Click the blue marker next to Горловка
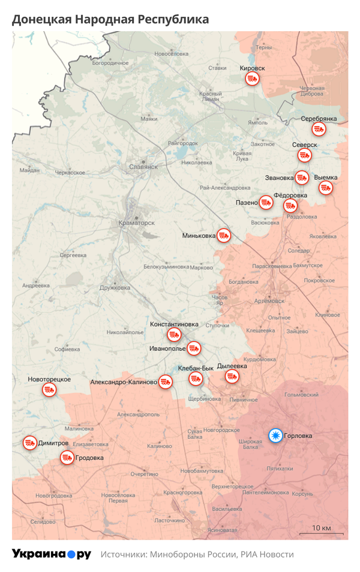275,435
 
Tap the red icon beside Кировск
253,79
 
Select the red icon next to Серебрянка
319,130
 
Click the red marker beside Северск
305,155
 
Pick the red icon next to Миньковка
224,235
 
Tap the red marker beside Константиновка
174,334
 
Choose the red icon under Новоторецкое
49,390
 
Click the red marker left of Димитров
29,443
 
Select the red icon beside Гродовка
67,458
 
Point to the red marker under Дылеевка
232,376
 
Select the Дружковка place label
115,287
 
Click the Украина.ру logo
51,554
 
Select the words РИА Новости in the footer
268,555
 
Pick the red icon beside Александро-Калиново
166,381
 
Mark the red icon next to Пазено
266,203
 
